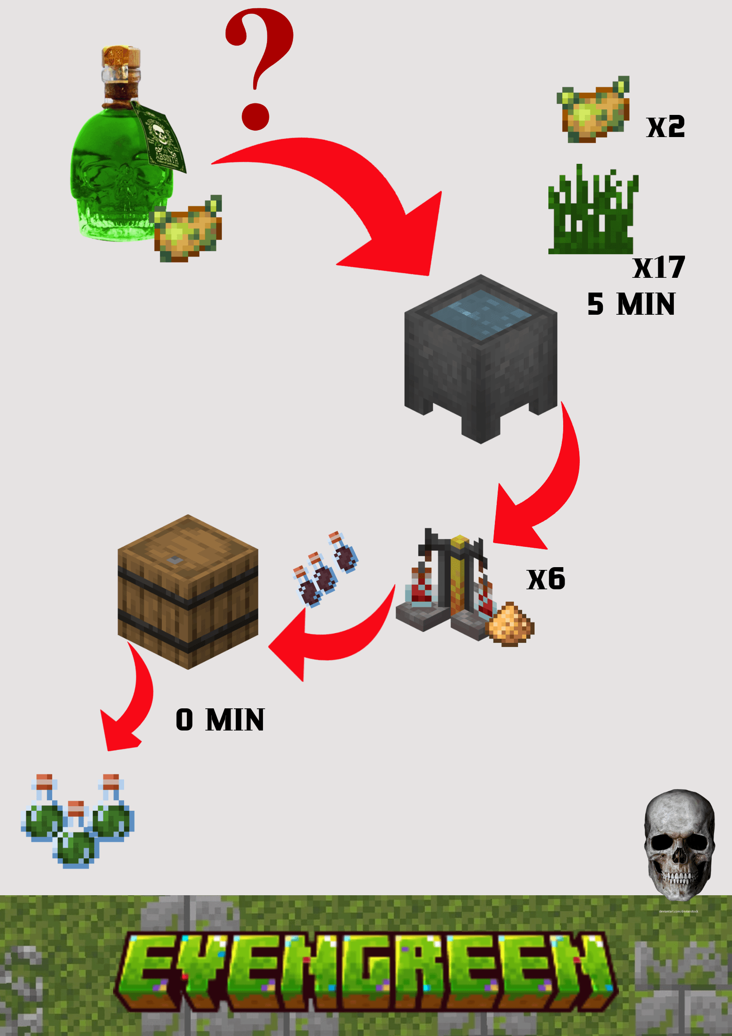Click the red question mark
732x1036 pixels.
tap(260, 65)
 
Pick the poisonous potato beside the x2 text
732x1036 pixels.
tap(594, 111)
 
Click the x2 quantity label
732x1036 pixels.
tap(666, 127)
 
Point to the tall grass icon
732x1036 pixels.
tap(592, 213)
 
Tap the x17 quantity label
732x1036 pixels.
tap(659, 268)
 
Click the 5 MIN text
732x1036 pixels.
tap(631, 305)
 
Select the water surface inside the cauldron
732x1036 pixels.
tap(481, 314)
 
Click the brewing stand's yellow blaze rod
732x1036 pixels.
tap(459, 572)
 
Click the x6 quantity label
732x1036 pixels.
tap(546, 579)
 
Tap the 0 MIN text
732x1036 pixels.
tap(220, 720)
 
